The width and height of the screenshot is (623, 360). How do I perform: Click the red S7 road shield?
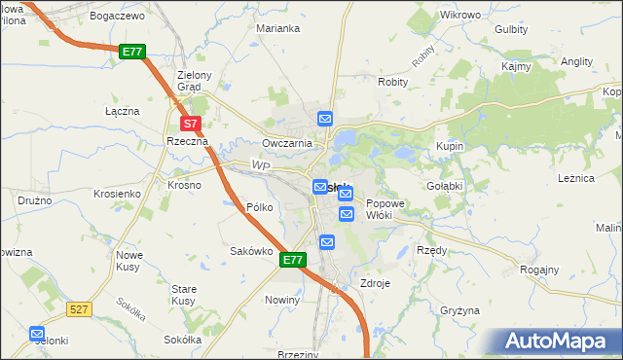coord(192,124)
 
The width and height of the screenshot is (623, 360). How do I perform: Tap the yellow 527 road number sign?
coord(80,308)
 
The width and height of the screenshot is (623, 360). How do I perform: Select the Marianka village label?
coord(277,28)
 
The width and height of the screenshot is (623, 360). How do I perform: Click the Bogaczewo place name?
coord(117,17)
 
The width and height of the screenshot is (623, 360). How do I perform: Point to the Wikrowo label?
coord(460,16)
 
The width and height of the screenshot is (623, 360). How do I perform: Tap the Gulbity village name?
coord(511,29)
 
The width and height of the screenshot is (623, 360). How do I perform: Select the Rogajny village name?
coord(539,270)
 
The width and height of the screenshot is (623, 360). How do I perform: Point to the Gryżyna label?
coord(459,310)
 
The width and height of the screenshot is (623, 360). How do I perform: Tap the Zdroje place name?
coord(375,283)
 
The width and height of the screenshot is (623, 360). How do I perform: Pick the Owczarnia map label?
coord(286,143)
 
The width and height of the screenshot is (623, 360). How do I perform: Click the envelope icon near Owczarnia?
coord(325,119)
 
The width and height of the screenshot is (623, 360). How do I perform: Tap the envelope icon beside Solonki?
coord(37,333)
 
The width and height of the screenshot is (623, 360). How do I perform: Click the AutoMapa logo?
coord(557,342)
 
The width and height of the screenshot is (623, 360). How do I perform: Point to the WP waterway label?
coord(260,166)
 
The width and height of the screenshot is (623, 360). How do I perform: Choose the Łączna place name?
coord(123,111)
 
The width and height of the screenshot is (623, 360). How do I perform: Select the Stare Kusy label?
coord(184,296)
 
